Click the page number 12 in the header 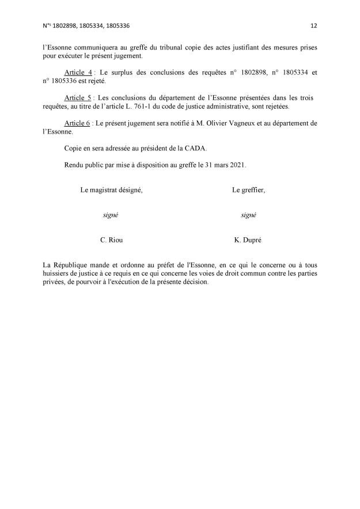pyautogui.click(x=313, y=26)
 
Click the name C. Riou pyautogui.click(x=111, y=239)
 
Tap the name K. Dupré pyautogui.click(x=248, y=239)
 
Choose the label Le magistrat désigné pyautogui.click(x=111, y=190)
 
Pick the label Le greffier pyautogui.click(x=248, y=190)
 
